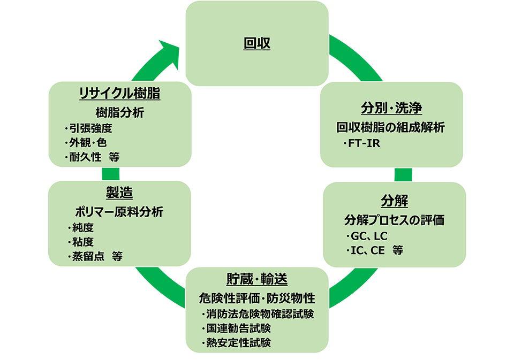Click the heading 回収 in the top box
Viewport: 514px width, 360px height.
(257, 43)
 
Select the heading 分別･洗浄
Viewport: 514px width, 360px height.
(391, 109)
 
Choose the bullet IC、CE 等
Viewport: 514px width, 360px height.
(374, 250)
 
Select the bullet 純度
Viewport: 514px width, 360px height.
(81, 227)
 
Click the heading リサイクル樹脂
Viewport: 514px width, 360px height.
(119, 93)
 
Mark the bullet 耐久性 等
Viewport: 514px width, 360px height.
(92, 157)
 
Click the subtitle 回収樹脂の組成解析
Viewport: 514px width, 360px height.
(391, 128)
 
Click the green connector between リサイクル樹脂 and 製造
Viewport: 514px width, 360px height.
(111, 173)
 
